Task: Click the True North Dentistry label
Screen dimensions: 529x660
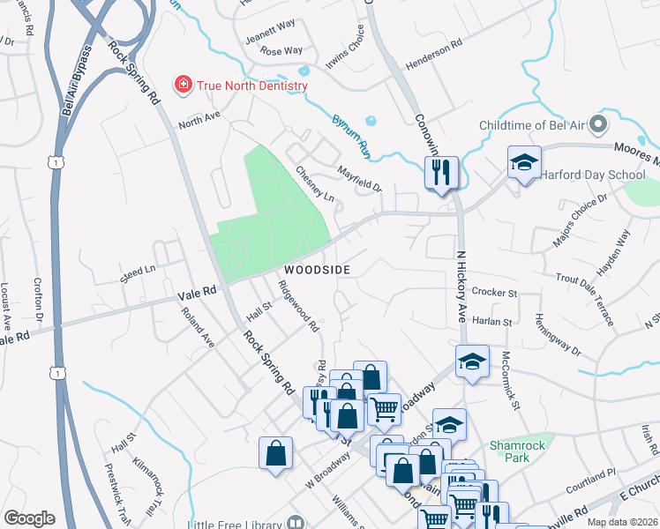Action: [252, 86]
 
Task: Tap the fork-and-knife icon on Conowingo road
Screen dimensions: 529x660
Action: [440, 169]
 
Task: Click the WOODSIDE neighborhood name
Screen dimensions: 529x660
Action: [317, 270]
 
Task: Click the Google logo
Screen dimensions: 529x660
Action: [29, 518]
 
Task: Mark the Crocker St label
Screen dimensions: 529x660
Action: [493, 291]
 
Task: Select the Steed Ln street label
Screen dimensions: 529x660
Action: [138, 273]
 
